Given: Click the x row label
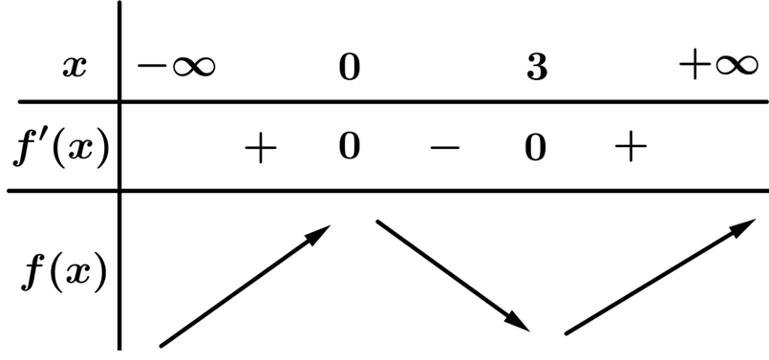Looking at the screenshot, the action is [x=75, y=68].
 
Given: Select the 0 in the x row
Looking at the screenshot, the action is [x=350, y=67].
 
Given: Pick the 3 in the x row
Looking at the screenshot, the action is [x=537, y=67].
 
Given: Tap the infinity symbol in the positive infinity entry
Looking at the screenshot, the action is [x=737, y=66].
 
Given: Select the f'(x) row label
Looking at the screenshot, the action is [x=61, y=148].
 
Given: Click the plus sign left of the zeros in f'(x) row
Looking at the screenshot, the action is [x=261, y=146].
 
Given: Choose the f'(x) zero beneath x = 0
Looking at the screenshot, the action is [x=350, y=147].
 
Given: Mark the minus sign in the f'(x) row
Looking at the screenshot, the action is [x=445, y=147].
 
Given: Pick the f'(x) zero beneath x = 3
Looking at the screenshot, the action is [x=536, y=147].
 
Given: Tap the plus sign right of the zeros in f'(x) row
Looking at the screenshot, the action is [x=630, y=146].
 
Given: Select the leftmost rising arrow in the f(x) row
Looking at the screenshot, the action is [x=246, y=286].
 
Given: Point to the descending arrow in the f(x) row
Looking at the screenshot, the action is [x=453, y=276].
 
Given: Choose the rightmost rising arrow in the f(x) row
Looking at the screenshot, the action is [x=660, y=277].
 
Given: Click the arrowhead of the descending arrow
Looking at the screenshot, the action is [x=518, y=322].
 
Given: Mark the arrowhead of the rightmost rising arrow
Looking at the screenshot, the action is [x=743, y=227].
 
